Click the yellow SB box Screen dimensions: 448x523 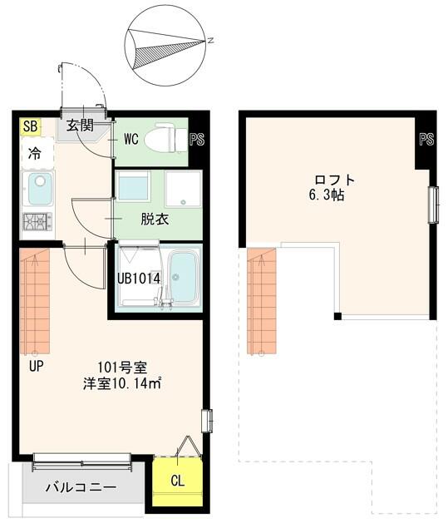[30, 126]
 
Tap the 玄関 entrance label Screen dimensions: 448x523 [80, 126]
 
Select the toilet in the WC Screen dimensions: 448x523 [165, 138]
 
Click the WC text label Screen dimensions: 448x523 [131, 139]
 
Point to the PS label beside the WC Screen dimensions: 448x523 [197, 140]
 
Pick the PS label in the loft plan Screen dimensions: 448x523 [426, 139]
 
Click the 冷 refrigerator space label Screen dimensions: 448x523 [35, 154]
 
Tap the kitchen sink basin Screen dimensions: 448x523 [40, 189]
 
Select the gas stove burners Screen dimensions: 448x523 [37, 221]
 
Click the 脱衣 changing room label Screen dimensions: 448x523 [155, 220]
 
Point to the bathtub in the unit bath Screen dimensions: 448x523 [184, 279]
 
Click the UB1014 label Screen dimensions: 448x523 [139, 279]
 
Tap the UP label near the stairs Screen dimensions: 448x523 [37, 367]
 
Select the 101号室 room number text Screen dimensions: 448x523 [122, 368]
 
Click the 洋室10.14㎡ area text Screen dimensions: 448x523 [122, 384]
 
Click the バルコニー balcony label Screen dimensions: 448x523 [81, 487]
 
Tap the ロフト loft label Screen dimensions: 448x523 [335, 180]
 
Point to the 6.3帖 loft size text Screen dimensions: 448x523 [327, 195]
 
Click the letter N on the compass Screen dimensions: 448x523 [210, 41]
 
